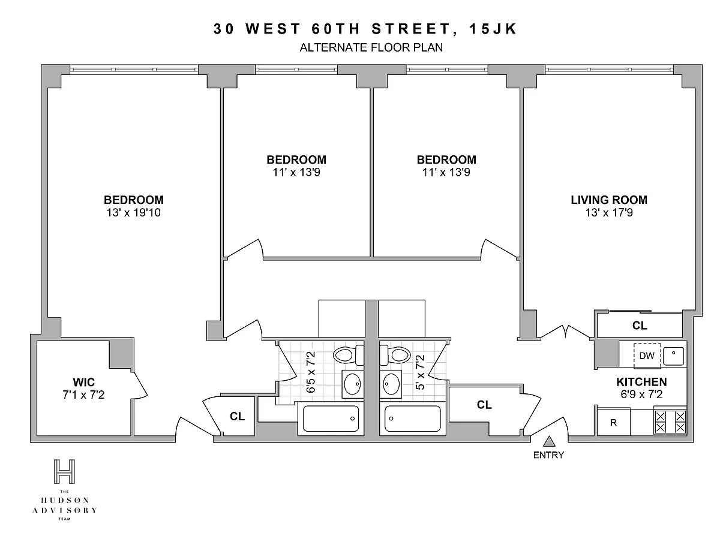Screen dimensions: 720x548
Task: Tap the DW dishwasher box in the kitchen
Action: tap(647, 356)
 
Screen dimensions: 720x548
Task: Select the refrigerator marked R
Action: tap(613, 422)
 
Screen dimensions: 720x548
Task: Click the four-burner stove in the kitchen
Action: tap(670, 422)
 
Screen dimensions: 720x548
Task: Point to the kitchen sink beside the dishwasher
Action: tap(673, 356)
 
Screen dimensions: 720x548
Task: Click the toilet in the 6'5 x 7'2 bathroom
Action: tap(349, 354)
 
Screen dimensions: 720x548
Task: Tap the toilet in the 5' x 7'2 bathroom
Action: tap(395, 354)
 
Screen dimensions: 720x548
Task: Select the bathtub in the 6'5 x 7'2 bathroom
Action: tap(331, 418)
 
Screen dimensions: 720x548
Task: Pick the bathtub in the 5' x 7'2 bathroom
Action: tap(413, 418)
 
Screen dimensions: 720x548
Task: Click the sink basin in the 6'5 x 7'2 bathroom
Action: tap(353, 384)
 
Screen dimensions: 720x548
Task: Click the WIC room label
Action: tap(83, 382)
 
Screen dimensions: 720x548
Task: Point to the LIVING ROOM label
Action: tap(609, 200)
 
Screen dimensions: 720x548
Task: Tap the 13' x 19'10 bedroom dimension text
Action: tap(134, 212)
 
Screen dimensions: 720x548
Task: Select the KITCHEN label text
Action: tap(641, 382)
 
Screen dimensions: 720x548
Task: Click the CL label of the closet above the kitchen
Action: tap(640, 326)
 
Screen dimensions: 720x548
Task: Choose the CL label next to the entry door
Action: tap(484, 405)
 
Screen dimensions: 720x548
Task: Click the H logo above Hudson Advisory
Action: tap(64, 471)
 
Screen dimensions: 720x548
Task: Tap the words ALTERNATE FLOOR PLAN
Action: tap(371, 47)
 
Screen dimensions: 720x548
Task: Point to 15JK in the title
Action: tap(493, 29)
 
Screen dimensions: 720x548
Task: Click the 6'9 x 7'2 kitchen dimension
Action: tap(641, 395)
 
